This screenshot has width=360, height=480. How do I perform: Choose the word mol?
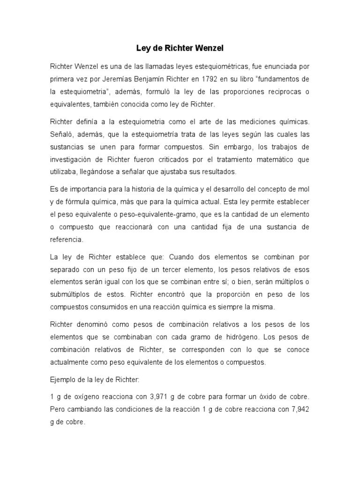tap(303, 188)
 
